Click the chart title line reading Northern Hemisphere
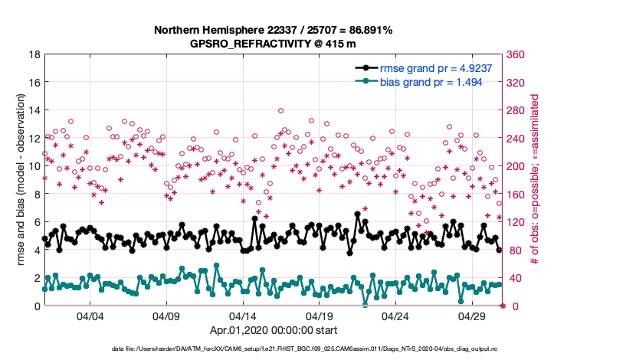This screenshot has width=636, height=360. pos(273,31)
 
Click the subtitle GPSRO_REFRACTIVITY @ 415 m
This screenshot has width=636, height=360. pos(273,44)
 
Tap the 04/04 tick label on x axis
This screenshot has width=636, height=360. pos(90,316)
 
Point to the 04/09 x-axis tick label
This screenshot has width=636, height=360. pos(166,316)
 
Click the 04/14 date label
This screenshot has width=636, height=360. pos(243,316)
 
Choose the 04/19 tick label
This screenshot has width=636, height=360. pos(319,316)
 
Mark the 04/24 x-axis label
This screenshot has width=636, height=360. pos(395,316)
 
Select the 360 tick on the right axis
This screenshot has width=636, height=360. pos(516,55)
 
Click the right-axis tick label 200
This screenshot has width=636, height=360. pos(516,166)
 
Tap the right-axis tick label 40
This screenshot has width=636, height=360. pos(513,278)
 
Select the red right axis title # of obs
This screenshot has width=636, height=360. pos(536,181)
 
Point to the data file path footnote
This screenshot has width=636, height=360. pos(273,349)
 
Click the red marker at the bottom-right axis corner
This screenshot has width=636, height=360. pos(502,306)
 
